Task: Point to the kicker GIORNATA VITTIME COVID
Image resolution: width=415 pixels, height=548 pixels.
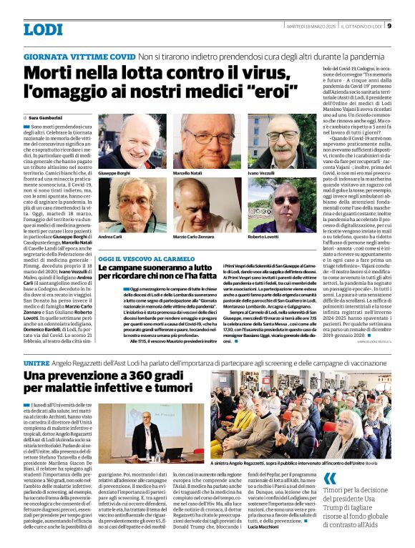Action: tap(79, 56)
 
